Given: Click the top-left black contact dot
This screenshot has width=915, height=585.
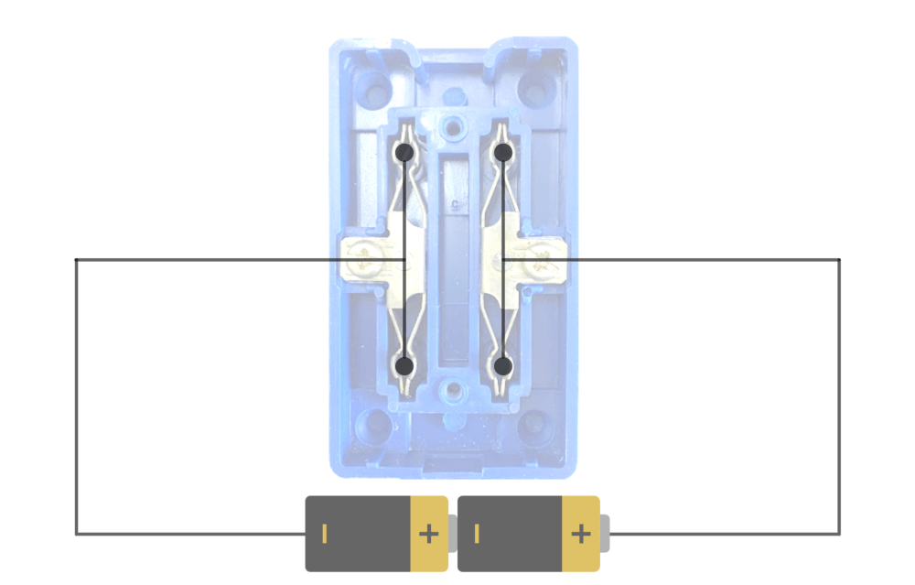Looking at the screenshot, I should click(404, 152).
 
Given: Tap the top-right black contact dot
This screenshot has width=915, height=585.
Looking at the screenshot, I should click(502, 152).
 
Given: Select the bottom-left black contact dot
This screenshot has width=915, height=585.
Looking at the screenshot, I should click(404, 366).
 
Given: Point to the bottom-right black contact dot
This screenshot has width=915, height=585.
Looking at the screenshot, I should click(502, 366).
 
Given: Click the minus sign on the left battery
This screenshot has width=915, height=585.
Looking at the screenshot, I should click(323, 534).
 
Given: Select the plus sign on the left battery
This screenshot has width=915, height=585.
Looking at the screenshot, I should click(427, 534).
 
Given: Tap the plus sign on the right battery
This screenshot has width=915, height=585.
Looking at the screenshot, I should click(580, 534).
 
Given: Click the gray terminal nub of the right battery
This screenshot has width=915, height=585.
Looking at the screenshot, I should click(605, 534).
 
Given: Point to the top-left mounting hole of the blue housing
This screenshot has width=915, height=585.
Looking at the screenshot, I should click(371, 88).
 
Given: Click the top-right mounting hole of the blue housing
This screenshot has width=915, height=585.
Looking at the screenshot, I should click(533, 88).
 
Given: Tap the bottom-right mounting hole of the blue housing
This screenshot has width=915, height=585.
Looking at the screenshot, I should click(533, 426).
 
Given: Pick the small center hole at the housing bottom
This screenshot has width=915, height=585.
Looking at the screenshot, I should click(451, 392).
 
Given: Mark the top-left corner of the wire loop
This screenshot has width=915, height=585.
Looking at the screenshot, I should click(76, 260).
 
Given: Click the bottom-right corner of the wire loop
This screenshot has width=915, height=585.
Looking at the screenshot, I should click(839, 534).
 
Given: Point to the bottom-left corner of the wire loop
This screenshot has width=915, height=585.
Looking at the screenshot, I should click(76, 534).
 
